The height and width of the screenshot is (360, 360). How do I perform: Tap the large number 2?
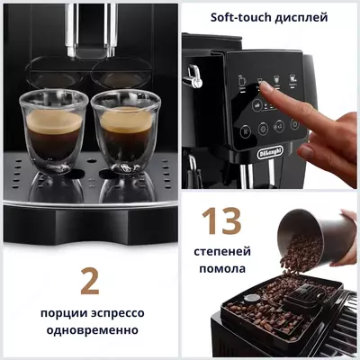89,280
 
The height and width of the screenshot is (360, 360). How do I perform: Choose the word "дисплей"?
303,17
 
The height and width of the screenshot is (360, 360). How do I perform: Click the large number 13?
220,221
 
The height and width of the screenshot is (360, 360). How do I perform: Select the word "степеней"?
220,249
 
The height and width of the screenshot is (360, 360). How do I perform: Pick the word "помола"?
220,267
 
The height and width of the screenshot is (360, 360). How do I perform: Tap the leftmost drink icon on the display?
242,78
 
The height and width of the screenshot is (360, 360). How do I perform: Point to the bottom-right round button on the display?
289,131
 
